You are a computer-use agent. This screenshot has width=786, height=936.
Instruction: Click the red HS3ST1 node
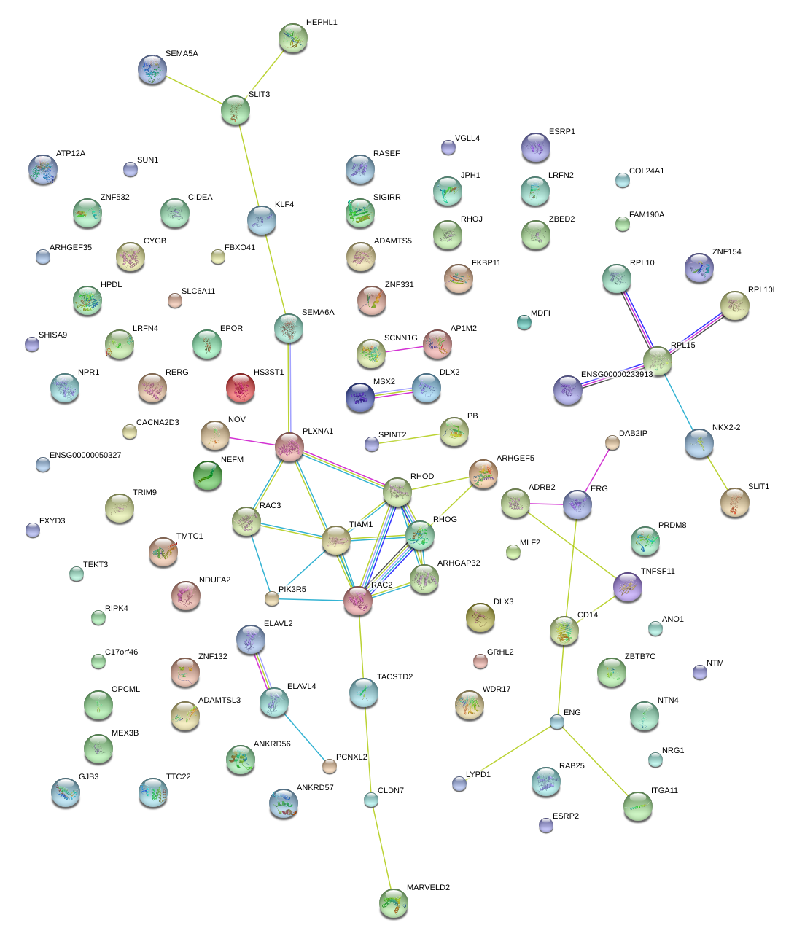241,389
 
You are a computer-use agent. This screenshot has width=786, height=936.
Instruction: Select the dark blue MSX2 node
360,397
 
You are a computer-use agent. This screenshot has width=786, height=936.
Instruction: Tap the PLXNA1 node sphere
289,447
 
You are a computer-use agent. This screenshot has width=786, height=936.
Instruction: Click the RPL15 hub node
658,360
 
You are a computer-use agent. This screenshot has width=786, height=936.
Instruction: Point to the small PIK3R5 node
272,599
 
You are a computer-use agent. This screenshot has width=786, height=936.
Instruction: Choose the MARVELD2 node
394,903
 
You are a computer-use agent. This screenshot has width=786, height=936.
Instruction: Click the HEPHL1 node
293,39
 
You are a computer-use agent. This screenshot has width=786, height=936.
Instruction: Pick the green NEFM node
208,475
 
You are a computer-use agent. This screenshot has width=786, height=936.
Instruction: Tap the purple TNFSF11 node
628,588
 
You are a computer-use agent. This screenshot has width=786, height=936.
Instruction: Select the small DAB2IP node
612,443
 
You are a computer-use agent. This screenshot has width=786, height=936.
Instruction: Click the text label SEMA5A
182,54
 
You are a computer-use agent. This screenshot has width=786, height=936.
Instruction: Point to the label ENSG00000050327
85,456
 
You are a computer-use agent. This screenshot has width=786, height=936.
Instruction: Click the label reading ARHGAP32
459,563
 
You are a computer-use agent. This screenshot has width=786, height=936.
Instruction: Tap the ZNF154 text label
726,252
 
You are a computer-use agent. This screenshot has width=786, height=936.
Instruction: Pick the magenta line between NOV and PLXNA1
252,441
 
